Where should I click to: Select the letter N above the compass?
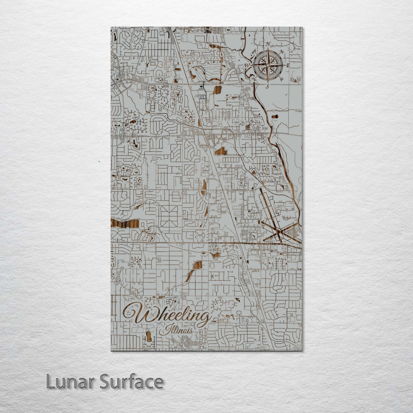point(268,44)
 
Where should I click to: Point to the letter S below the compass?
point(268,86)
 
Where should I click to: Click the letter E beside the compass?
point(288,65)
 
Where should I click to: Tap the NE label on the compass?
point(282,52)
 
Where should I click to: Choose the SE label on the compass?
point(282,79)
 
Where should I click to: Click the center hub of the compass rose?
point(268,65)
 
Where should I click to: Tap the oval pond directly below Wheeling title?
point(149,336)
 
